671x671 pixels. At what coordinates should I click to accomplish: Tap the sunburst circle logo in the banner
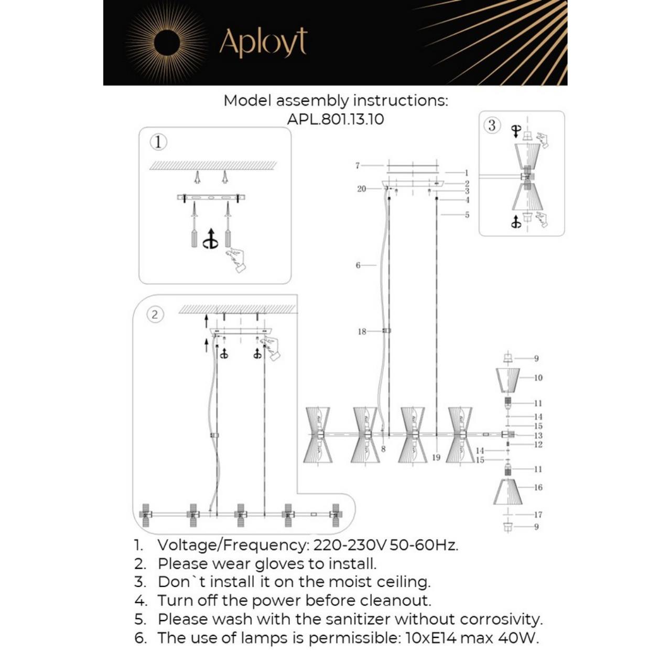click(167, 42)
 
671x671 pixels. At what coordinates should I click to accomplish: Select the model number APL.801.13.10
click(335, 119)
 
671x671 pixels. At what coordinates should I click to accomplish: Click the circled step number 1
click(158, 142)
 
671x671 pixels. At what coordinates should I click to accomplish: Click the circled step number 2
click(155, 315)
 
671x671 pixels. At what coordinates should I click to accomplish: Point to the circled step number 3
click(492, 125)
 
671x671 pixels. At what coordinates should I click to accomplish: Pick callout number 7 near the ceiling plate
click(358, 166)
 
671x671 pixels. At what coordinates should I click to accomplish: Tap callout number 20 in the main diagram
click(361, 189)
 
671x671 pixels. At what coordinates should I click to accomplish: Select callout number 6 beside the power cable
click(358, 265)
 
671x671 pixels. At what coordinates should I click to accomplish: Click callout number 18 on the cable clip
click(361, 331)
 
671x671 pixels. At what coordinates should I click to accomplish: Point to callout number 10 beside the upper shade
click(538, 377)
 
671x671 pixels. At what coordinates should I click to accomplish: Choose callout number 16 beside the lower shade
click(538, 487)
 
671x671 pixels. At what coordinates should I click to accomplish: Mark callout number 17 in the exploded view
click(538, 515)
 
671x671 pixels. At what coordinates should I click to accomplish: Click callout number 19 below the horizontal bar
click(436, 458)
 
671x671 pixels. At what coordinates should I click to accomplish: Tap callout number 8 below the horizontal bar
click(383, 449)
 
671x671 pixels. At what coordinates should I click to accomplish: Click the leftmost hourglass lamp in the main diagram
click(317, 435)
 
